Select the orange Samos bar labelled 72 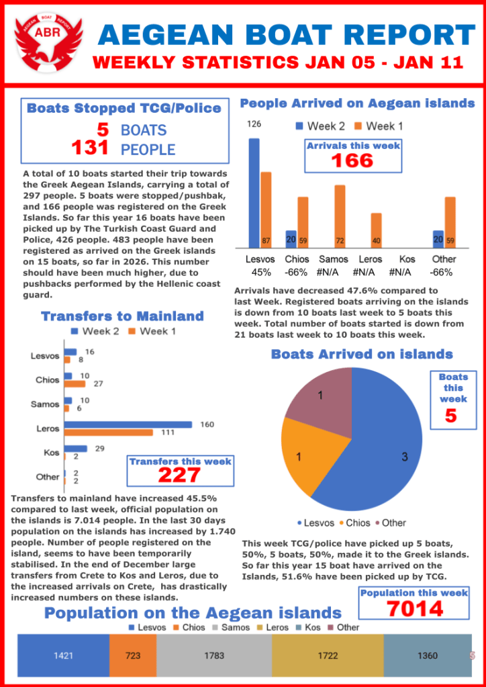pyautogui.click(x=340, y=215)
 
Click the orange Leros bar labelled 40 pyautogui.click(x=376, y=229)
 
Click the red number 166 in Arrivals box pyautogui.click(x=352, y=161)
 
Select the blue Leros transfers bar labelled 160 pyautogui.click(x=128, y=424)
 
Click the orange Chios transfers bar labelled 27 pyautogui.click(x=75, y=384)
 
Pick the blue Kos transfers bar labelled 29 pyautogui.click(x=76, y=449)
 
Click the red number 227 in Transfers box pyautogui.click(x=180, y=475)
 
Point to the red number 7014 pyautogui.click(x=414, y=608)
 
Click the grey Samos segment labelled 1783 pyautogui.click(x=214, y=655)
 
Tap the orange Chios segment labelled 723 pyautogui.click(x=133, y=655)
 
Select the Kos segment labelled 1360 pyautogui.click(x=427, y=655)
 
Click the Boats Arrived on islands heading pyautogui.click(x=362, y=354)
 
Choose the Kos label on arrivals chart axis pyautogui.click(x=407, y=259)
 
